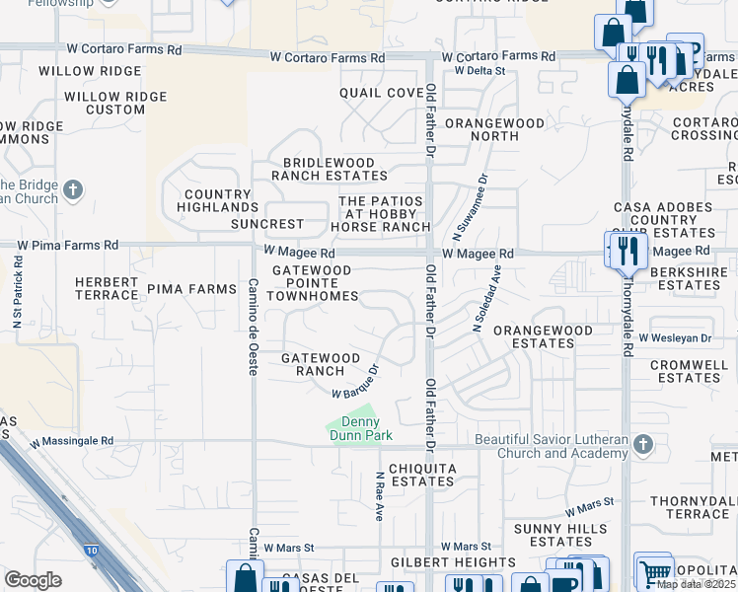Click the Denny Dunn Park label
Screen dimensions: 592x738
[x=360, y=429]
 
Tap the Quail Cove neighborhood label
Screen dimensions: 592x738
[x=381, y=93]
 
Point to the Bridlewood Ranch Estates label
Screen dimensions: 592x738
[x=330, y=169]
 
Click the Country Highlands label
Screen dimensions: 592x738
[x=218, y=201]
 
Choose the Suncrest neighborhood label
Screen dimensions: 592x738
[x=267, y=224]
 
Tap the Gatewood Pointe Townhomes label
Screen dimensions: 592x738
[x=311, y=282]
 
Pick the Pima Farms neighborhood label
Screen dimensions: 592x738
[x=191, y=289]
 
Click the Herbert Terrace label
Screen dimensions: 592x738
[x=107, y=288]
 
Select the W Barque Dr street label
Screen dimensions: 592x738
[x=355, y=383]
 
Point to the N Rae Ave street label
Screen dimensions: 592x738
[x=379, y=496]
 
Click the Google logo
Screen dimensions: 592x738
[x=33, y=580]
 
